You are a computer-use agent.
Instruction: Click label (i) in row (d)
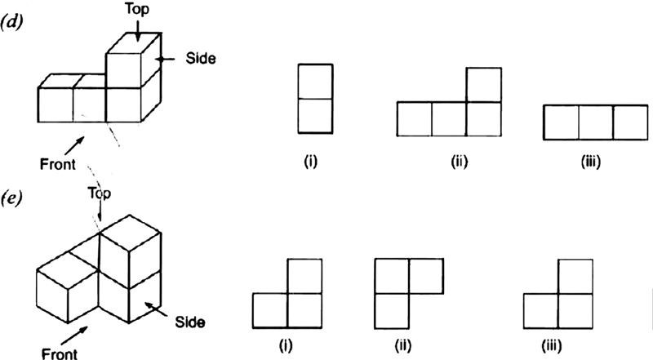(310, 161)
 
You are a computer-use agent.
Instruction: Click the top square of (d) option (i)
(314, 81)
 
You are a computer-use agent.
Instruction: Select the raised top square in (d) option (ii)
(485, 84)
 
